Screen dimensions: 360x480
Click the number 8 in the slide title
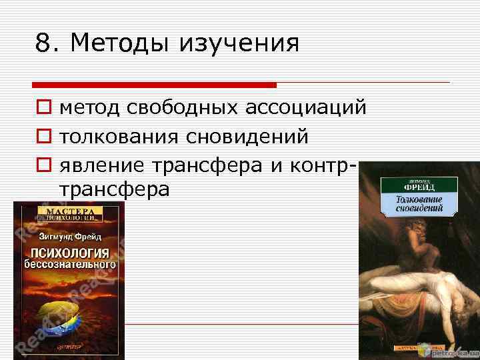43,44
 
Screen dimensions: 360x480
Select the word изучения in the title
239,44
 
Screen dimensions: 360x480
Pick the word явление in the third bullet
103,164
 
